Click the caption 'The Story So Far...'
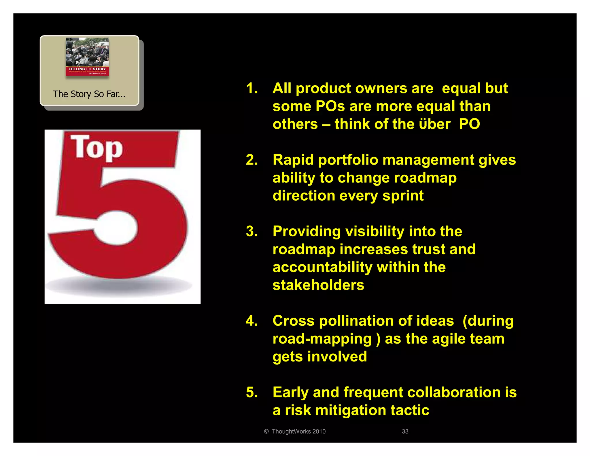coord(89,94)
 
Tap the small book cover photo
coord(87,57)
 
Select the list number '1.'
coord(252,88)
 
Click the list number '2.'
coord(252,160)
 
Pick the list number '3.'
coord(252,231)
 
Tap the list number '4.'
coord(252,321)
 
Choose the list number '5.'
coord(252,392)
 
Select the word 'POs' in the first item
coord(330,106)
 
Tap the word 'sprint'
coord(403,196)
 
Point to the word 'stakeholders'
coord(318,285)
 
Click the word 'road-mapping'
coord(322,339)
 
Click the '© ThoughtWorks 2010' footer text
coord(295,431)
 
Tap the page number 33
coord(405,431)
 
